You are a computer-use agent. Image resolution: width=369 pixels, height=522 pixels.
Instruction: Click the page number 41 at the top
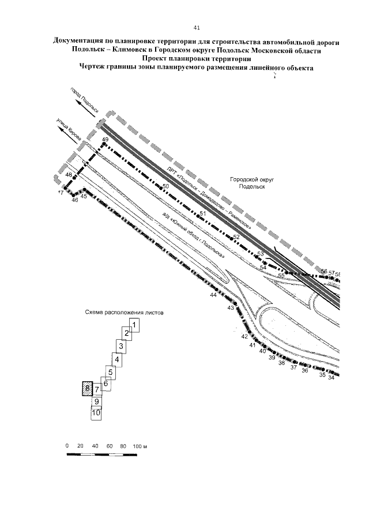[197, 27]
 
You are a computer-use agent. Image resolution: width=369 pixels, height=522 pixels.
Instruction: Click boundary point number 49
[104, 140]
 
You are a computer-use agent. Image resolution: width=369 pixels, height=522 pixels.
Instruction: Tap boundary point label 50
[165, 186]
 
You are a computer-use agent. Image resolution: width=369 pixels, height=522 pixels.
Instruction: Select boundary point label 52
[236, 237]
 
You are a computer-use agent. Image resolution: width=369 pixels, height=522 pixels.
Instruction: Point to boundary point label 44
[213, 295]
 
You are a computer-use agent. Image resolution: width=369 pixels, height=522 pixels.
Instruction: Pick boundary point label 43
[231, 308]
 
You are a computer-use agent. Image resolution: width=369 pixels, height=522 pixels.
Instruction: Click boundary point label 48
[69, 175]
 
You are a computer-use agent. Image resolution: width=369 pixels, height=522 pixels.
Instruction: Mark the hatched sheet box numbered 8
[86, 389]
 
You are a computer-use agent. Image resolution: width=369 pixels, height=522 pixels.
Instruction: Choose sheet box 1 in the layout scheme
[134, 325]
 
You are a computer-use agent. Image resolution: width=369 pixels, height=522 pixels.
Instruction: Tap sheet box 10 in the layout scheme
[96, 413]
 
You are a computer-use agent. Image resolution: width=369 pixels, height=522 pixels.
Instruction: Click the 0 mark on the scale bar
[67, 447]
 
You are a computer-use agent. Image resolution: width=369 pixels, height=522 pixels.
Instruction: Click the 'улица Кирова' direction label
[69, 130]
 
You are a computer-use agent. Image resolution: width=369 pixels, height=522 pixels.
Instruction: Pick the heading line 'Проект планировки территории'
[196, 58]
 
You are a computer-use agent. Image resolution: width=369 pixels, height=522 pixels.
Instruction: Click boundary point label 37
[293, 367]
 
